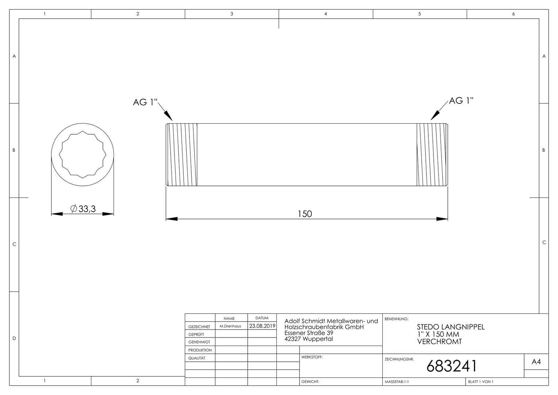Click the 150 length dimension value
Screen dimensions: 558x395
pyautogui.click(x=305, y=214)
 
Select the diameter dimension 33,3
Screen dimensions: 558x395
pyautogui.click(x=83, y=208)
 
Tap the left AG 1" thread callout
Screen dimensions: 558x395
pyautogui.click(x=145, y=102)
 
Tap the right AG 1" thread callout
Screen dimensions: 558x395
pyautogui.click(x=461, y=101)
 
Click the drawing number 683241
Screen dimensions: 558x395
pyautogui.click(x=451, y=366)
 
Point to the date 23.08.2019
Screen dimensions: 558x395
pyautogui.click(x=262, y=326)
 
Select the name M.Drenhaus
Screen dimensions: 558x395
pyautogui.click(x=230, y=326)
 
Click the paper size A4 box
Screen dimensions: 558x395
pyautogui.click(x=536, y=362)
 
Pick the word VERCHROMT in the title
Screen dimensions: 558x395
pyautogui.click(x=439, y=342)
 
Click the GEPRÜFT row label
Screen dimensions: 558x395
pyautogui.click(x=196, y=334)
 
